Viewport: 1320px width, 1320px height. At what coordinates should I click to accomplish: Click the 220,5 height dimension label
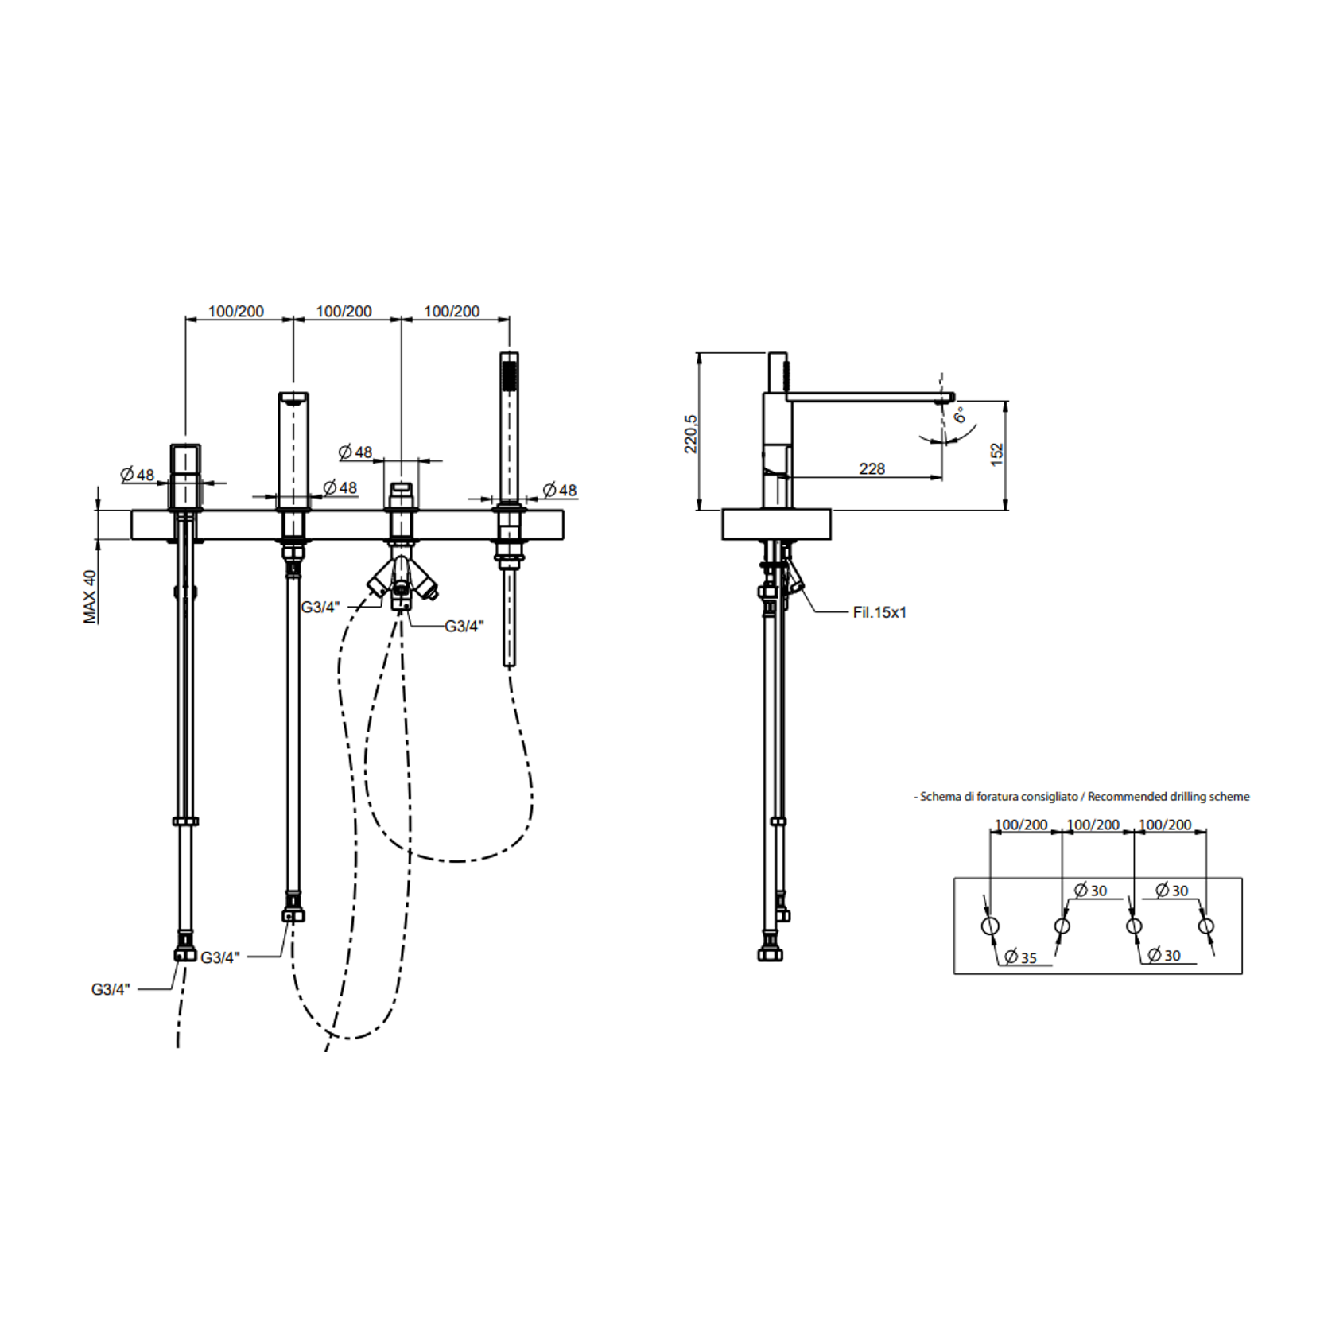tap(691, 433)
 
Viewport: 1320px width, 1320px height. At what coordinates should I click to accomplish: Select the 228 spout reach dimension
tap(872, 468)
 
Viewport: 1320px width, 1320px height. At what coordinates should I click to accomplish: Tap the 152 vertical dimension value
tap(997, 454)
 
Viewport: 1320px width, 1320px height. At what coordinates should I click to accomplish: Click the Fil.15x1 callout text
tap(879, 612)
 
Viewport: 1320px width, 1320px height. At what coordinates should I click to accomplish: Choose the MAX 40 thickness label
tap(90, 596)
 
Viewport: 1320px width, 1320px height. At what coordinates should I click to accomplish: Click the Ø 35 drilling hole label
tap(1021, 957)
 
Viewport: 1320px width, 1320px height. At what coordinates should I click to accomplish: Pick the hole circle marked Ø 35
tap(990, 926)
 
